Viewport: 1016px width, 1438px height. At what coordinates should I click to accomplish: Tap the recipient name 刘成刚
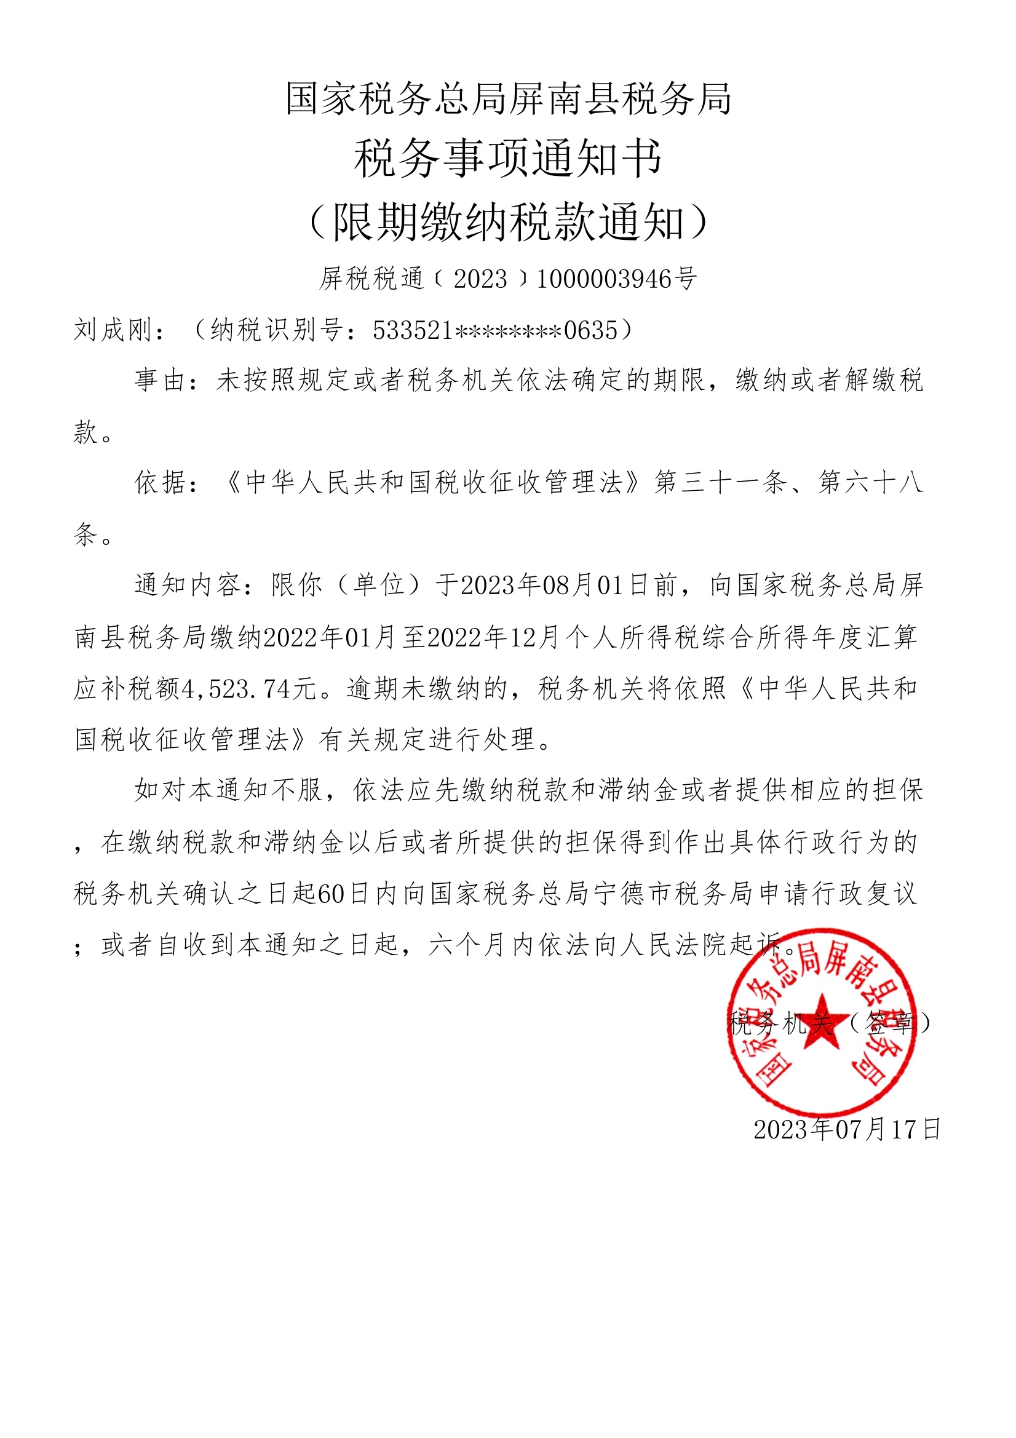coord(113,330)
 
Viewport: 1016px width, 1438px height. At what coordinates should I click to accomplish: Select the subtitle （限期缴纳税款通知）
coord(508,221)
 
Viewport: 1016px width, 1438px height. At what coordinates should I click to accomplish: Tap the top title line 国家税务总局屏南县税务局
coord(508,99)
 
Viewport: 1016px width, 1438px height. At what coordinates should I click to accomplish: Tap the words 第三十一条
coord(720,482)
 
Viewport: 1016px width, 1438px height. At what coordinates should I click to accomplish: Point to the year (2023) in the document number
coord(480,279)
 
